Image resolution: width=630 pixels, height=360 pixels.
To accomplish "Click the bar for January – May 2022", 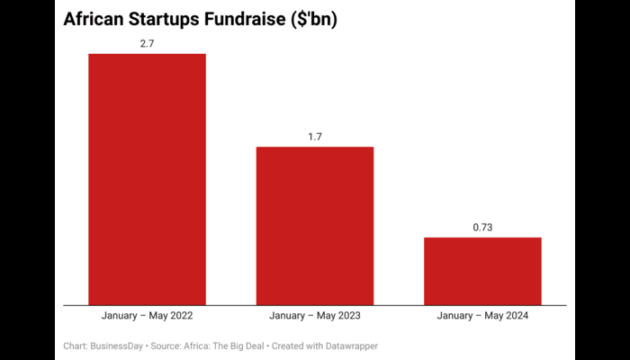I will (147, 179).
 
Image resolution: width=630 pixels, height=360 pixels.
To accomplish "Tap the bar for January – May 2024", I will (482, 271).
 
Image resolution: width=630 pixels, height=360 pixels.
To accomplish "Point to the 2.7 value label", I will (147, 42).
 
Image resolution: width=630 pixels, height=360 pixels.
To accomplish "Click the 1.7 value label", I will (315, 136).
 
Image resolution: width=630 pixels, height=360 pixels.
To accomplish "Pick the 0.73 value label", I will (482, 227).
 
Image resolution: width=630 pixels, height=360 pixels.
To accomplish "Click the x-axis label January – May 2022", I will (147, 316).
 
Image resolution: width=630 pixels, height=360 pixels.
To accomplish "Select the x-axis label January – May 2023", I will (315, 316).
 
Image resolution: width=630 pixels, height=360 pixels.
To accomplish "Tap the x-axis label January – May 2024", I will (482, 316).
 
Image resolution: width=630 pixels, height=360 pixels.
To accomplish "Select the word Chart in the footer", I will (76, 346).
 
